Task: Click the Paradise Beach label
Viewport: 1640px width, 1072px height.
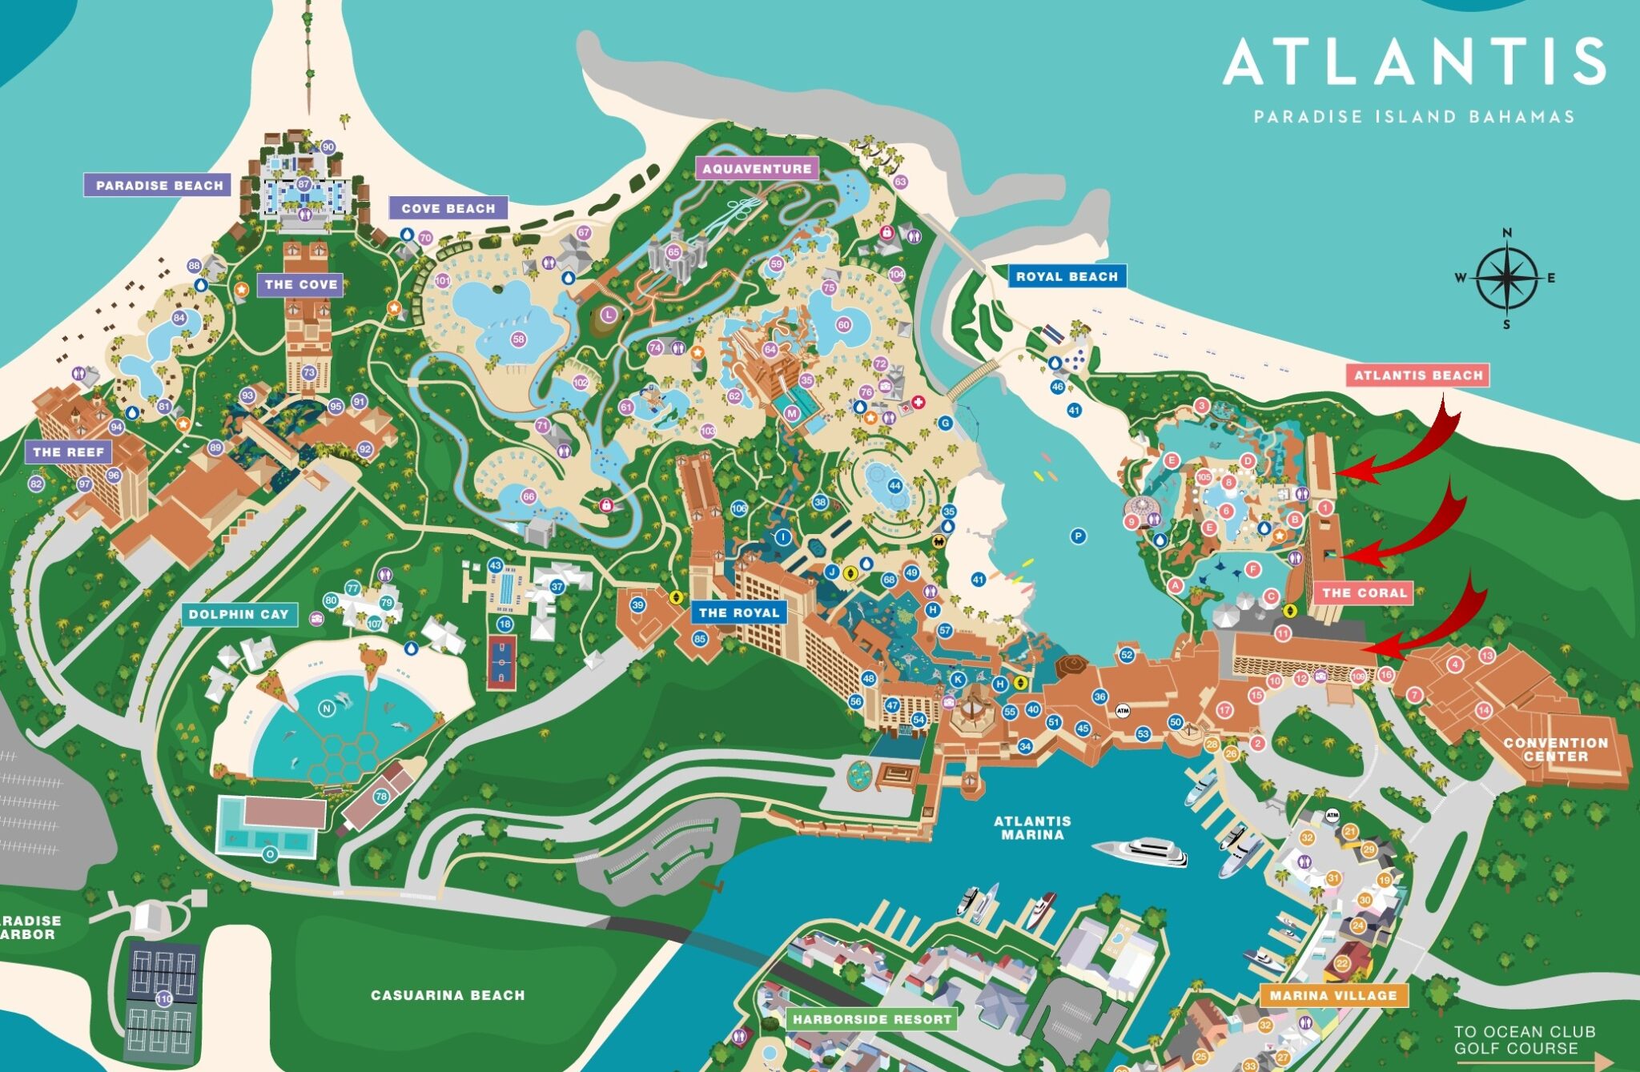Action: click(x=158, y=185)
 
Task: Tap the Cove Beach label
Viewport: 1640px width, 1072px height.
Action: click(x=448, y=208)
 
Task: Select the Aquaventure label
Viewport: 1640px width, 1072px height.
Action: click(x=757, y=168)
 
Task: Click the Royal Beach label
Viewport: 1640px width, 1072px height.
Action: click(x=1067, y=276)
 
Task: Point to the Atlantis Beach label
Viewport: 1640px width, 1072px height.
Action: click(x=1418, y=375)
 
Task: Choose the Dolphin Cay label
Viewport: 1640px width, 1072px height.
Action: click(x=239, y=614)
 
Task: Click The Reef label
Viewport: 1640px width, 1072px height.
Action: click(x=69, y=452)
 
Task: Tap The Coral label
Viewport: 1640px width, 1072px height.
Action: click(x=1364, y=592)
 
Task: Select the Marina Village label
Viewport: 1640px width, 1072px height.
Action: click(x=1333, y=995)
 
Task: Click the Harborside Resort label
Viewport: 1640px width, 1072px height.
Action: click(x=871, y=1019)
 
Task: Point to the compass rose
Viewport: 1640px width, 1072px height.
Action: click(x=1506, y=278)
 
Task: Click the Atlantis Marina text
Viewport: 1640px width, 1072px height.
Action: click(x=1032, y=827)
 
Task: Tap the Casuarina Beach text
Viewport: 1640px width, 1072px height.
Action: click(x=448, y=995)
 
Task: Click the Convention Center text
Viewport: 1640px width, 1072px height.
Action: click(x=1555, y=749)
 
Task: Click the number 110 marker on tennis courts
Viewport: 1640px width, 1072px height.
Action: click(x=163, y=998)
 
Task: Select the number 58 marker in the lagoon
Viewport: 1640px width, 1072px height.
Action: click(x=518, y=339)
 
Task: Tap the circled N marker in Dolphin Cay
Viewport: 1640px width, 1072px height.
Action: click(x=326, y=708)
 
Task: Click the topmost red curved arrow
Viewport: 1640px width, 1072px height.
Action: click(x=1413, y=448)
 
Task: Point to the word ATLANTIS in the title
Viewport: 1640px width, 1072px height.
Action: click(x=1414, y=62)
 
